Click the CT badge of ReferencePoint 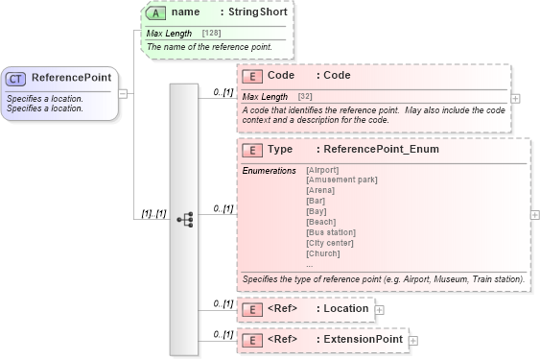[x=17, y=78]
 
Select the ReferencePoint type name [x=70, y=78]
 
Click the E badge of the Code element [x=251, y=76]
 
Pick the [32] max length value [x=305, y=97]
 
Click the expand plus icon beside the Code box [x=516, y=98]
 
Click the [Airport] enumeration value [x=322, y=170]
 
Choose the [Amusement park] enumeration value [x=341, y=180]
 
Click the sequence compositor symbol [x=184, y=220]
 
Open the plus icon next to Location [x=380, y=310]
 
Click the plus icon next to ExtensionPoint [x=413, y=341]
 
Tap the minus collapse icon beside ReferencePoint [x=123, y=93]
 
